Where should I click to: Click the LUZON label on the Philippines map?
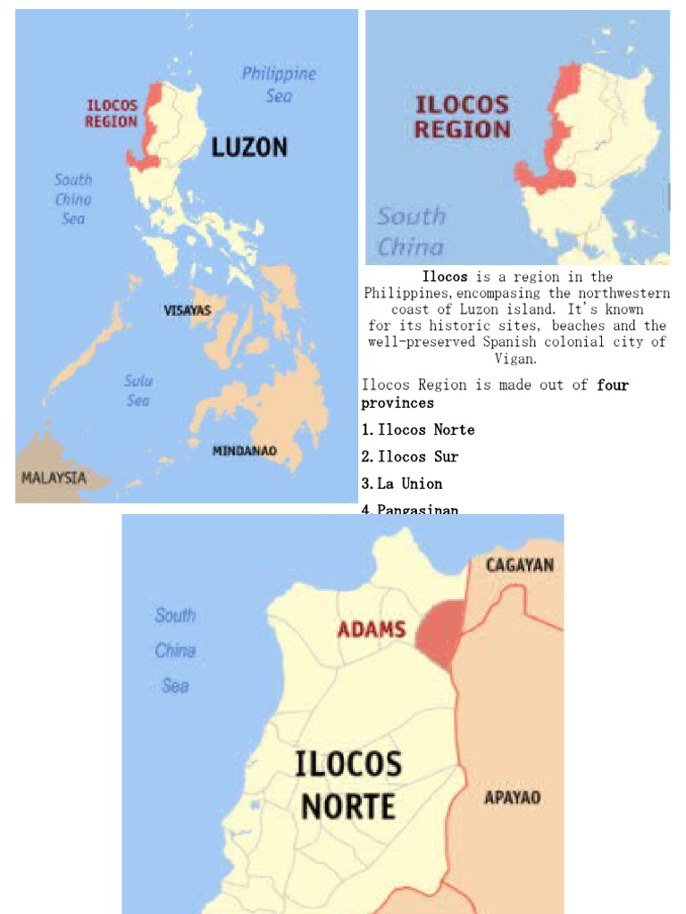[x=249, y=147]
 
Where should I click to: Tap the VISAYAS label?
[x=188, y=311]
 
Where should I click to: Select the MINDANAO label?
[x=244, y=451]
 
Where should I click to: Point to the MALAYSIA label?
[x=54, y=478]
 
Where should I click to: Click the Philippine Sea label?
[x=280, y=84]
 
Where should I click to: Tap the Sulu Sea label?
[x=138, y=391]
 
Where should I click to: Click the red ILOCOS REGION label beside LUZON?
[x=112, y=113]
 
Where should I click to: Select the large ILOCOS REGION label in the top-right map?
[x=462, y=117]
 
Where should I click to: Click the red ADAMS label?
[x=372, y=629]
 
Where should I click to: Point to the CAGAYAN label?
[x=520, y=565]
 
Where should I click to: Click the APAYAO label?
[x=512, y=797]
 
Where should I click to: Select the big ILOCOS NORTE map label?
[x=348, y=785]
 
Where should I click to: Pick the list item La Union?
[x=409, y=483]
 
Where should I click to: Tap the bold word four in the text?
[x=613, y=385]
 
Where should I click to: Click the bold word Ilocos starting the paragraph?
[x=445, y=278]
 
